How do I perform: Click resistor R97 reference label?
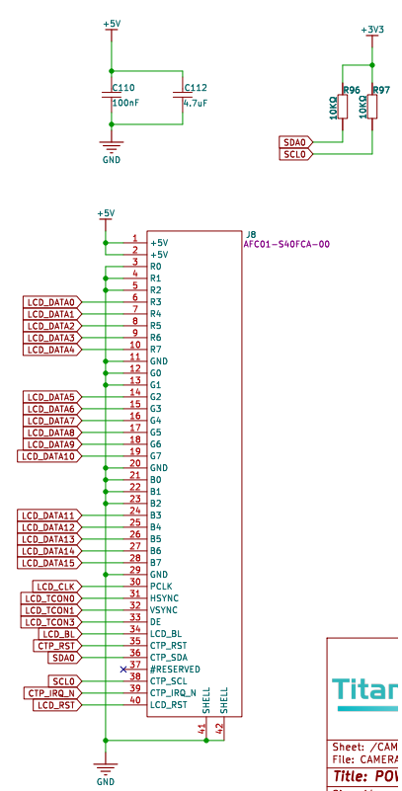[x=381, y=91]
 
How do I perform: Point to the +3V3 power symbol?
[x=372, y=31]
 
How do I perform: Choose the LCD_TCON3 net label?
[x=50, y=622]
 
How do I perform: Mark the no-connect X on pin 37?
[x=123, y=669]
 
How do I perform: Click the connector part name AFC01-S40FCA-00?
[x=286, y=244]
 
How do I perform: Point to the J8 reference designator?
[x=251, y=233]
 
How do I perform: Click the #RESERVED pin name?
[x=175, y=670]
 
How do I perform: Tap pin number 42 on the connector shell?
[x=220, y=728]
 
